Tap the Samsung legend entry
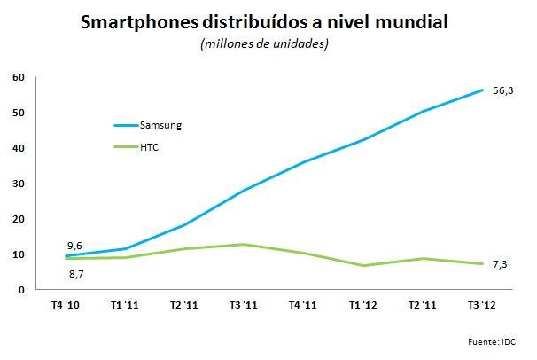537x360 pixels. [x=161, y=125]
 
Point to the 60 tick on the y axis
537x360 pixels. [x=17, y=77]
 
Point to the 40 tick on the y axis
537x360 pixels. [x=17, y=148]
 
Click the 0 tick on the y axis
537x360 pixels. [x=20, y=290]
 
